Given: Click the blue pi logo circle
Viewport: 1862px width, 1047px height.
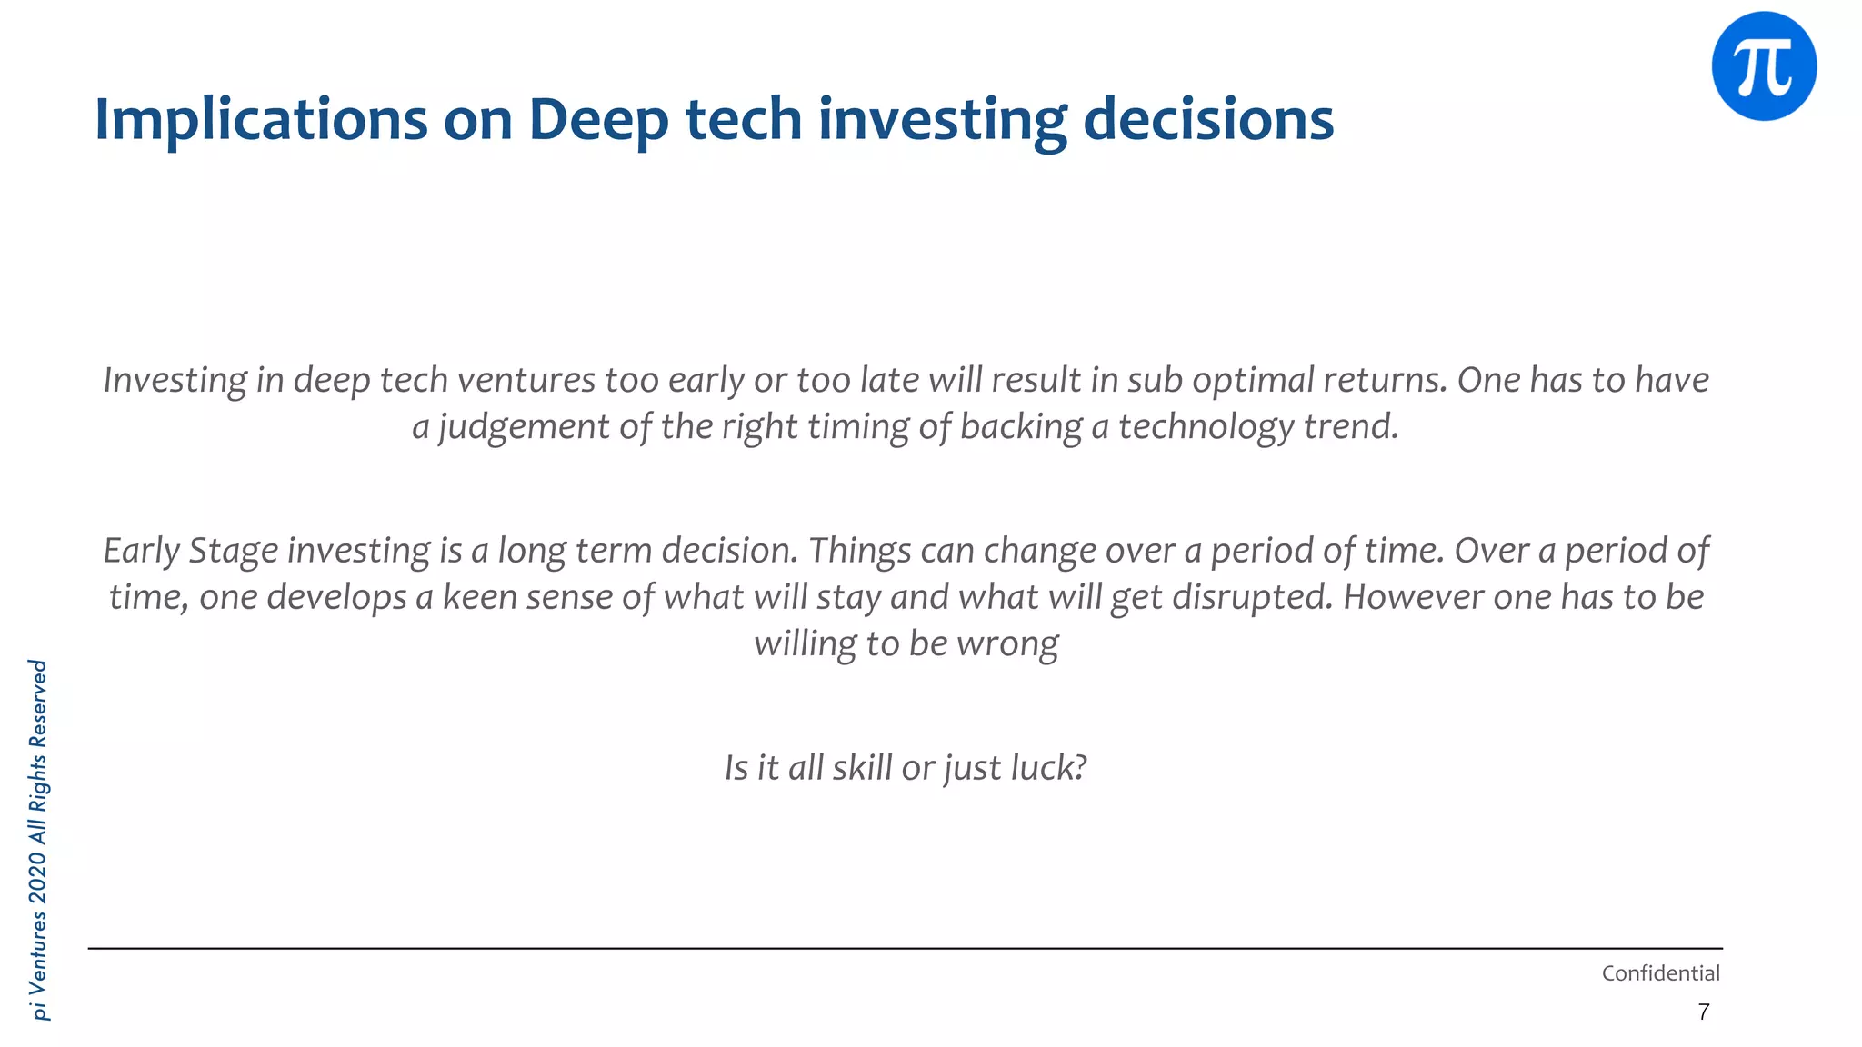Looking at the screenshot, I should pos(1764,65).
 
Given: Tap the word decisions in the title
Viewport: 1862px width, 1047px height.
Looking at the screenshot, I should pos(1208,119).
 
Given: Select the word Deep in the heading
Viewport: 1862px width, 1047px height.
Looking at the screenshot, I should pos(598,119).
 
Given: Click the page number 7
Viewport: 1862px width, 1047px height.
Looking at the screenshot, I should pos(1703,1012).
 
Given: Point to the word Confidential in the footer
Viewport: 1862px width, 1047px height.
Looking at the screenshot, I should pos(1660,973).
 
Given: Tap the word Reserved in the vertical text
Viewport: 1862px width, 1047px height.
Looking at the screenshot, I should pos(38,703).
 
